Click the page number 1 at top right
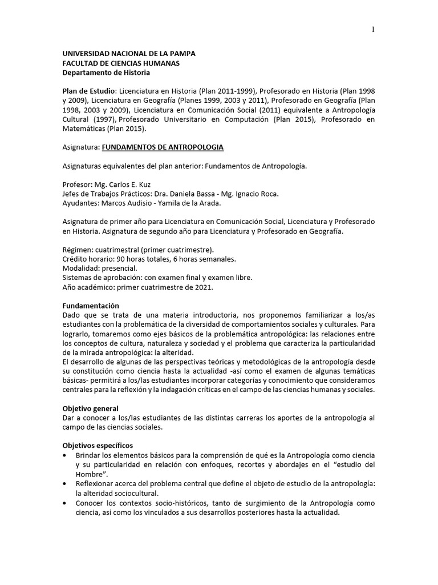pyautogui.click(x=373, y=30)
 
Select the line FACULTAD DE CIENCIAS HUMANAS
pyautogui.click(x=121, y=63)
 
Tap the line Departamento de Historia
pyautogui.click(x=106, y=73)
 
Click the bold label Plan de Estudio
pyautogui.click(x=89, y=91)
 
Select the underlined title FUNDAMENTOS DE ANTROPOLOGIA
pyautogui.click(x=163, y=147)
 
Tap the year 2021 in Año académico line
pyautogui.click(x=204, y=287)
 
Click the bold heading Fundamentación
pyautogui.click(x=91, y=306)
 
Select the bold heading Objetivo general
pyautogui.click(x=90, y=408)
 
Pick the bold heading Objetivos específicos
pyautogui.click(x=98, y=445)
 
